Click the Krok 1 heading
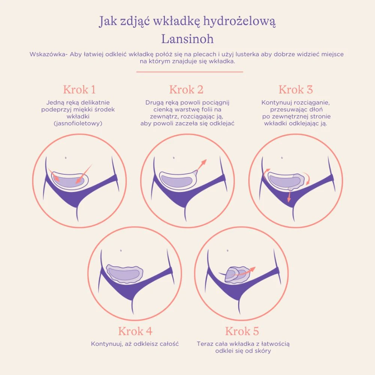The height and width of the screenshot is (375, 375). tap(79, 90)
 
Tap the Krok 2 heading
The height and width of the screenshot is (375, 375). tap(186, 90)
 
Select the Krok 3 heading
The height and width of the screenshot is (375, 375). tap(295, 90)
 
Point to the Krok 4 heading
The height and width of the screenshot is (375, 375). tap(135, 331)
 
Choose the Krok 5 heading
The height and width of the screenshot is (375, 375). tap(242, 331)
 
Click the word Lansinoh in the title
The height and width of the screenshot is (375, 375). tap(187, 39)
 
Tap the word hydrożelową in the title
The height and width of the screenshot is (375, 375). tap(239, 21)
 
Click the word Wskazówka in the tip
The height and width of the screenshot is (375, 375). tap(48, 54)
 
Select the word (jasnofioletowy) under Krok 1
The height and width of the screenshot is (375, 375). tap(78, 123)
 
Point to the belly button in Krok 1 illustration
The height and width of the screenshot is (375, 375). tap(66, 158)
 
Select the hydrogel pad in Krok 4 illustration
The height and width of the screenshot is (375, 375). tap(124, 273)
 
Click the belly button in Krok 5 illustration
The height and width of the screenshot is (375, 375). tap(228, 250)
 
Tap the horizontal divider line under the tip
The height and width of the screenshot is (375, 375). tap(190, 72)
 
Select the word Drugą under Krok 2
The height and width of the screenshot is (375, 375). tap(153, 103)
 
